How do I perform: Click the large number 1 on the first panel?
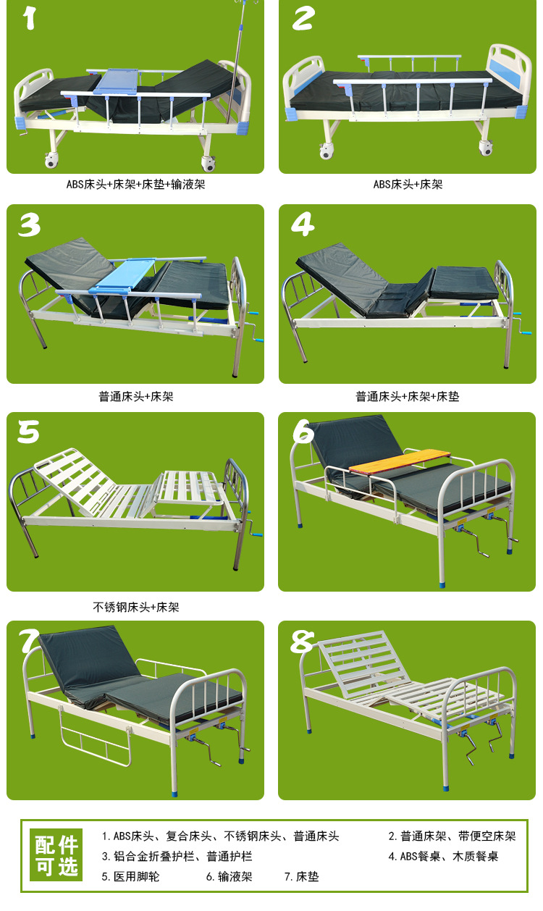click(x=30, y=17)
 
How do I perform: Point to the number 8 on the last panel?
click(x=302, y=641)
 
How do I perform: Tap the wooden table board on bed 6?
click(x=400, y=461)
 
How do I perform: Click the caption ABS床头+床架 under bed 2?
click(x=408, y=184)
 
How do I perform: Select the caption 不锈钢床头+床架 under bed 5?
click(x=135, y=607)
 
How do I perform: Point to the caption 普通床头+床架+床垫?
click(x=407, y=396)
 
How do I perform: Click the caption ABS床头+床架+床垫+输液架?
click(x=135, y=184)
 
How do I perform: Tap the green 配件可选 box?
click(x=56, y=856)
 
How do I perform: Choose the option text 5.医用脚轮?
click(x=130, y=876)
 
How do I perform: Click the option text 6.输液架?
click(x=229, y=876)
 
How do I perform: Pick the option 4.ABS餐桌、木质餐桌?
click(x=443, y=856)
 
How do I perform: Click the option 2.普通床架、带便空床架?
click(x=452, y=836)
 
